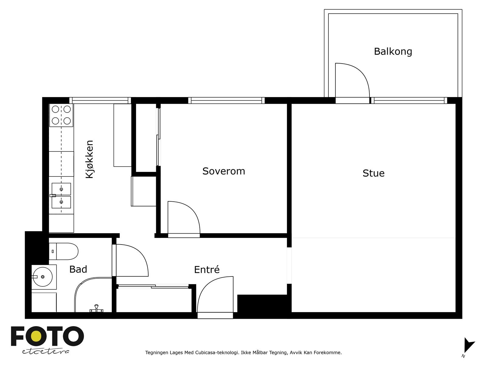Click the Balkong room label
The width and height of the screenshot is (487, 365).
(x=393, y=52)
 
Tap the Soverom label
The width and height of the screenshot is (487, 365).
(x=224, y=171)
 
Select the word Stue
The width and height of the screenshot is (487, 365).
(x=373, y=173)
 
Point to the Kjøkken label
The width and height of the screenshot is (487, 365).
(x=89, y=159)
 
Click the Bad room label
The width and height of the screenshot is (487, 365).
(x=78, y=269)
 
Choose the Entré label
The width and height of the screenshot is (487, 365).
(x=207, y=269)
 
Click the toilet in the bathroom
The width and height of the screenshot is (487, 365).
(x=64, y=251)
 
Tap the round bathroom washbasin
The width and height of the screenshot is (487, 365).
(x=43, y=277)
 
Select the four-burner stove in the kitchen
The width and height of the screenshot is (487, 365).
(x=61, y=115)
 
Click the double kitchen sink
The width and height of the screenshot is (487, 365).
(x=61, y=196)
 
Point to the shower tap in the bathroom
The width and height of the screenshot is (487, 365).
(x=96, y=309)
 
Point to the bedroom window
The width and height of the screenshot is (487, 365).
(x=226, y=100)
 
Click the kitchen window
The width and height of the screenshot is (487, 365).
(x=100, y=100)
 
